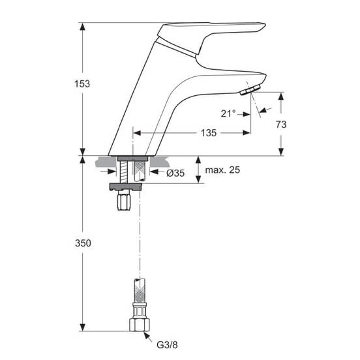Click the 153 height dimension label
82,83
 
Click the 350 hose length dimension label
83,243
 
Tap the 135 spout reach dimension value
209,132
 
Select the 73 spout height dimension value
281,125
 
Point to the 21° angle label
228,113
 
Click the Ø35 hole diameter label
175,173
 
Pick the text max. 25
222,170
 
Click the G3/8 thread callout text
167,345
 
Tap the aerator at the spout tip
250,90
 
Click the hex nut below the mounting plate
124,202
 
